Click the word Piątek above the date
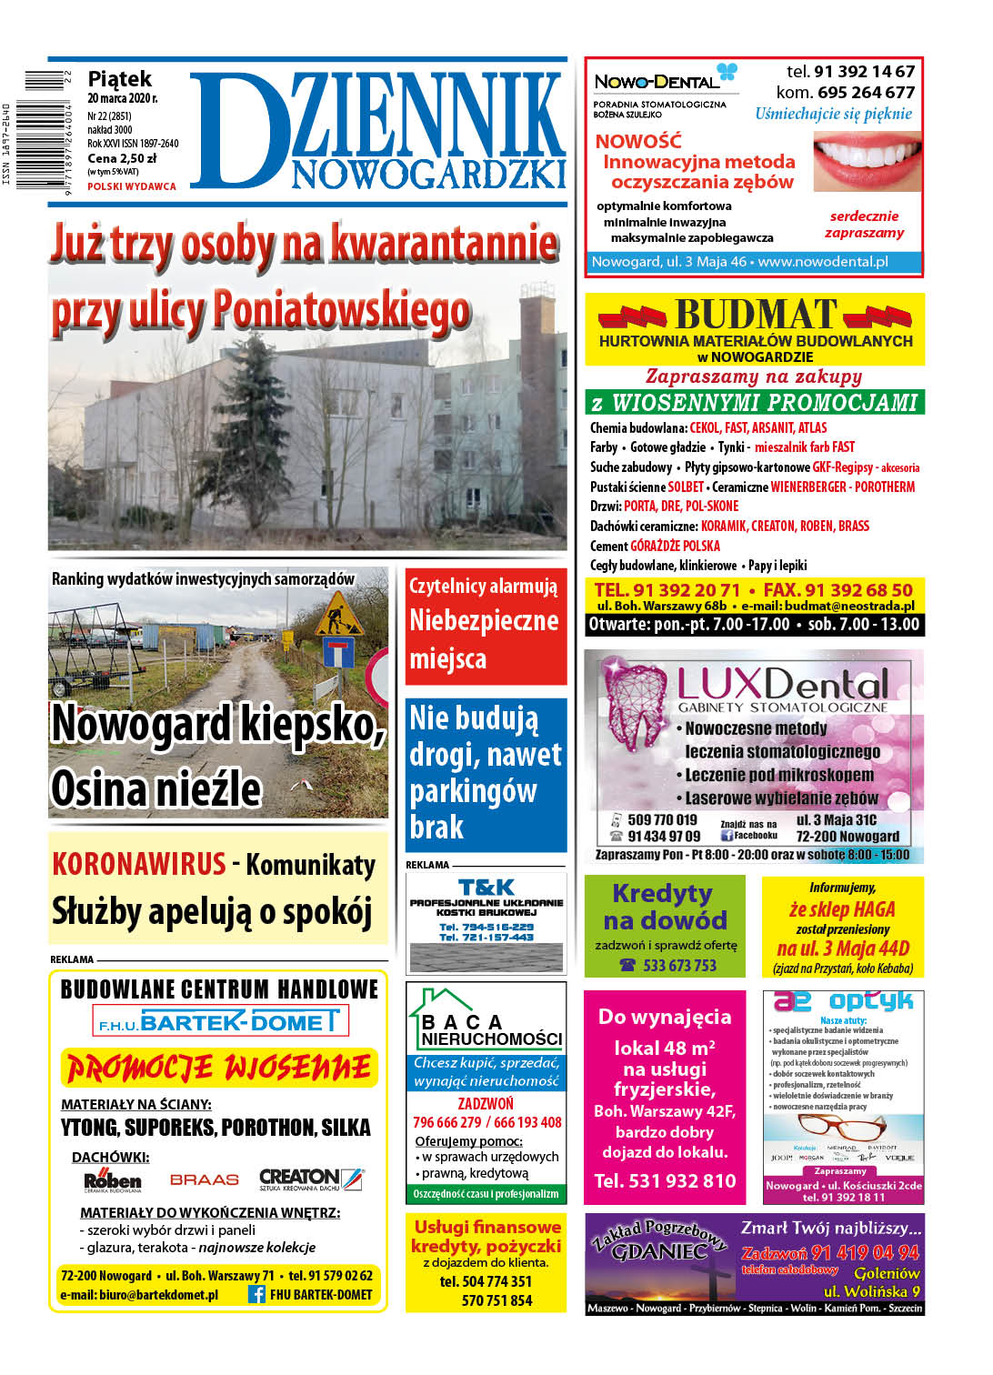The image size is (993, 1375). (x=119, y=79)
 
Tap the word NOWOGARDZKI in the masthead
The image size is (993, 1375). (x=428, y=174)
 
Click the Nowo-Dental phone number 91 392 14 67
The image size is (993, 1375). (x=864, y=71)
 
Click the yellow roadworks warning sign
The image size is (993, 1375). (x=338, y=614)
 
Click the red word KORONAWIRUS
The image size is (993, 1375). (x=138, y=863)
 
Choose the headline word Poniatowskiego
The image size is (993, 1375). (x=342, y=310)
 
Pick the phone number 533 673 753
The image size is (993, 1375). (x=679, y=966)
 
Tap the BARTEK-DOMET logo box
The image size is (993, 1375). (x=220, y=1021)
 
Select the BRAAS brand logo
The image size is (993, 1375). (x=205, y=1179)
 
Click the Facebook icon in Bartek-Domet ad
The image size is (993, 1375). (x=256, y=1294)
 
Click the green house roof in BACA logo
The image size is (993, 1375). (x=441, y=999)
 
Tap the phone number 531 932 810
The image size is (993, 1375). (x=665, y=1180)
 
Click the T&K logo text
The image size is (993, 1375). (x=486, y=887)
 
